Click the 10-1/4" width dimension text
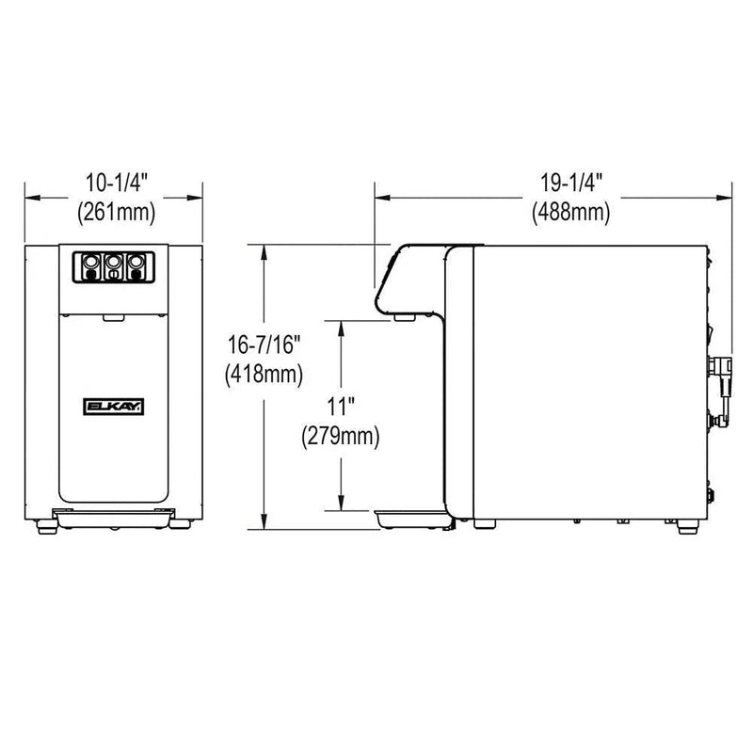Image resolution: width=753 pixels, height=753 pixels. click(117, 183)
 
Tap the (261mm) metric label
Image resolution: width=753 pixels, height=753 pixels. click(117, 211)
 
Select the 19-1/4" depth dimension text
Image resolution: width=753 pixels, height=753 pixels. click(571, 183)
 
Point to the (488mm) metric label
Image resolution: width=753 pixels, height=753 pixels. click(571, 211)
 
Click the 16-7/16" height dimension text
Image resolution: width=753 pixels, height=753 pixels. click(264, 344)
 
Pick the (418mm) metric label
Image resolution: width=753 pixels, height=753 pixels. click(264, 374)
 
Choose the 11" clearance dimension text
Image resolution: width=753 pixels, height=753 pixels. click(341, 407)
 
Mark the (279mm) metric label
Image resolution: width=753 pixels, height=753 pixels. click(341, 436)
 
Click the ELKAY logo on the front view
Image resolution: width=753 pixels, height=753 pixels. click(114, 407)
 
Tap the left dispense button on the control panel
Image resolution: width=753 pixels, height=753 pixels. click(90, 266)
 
